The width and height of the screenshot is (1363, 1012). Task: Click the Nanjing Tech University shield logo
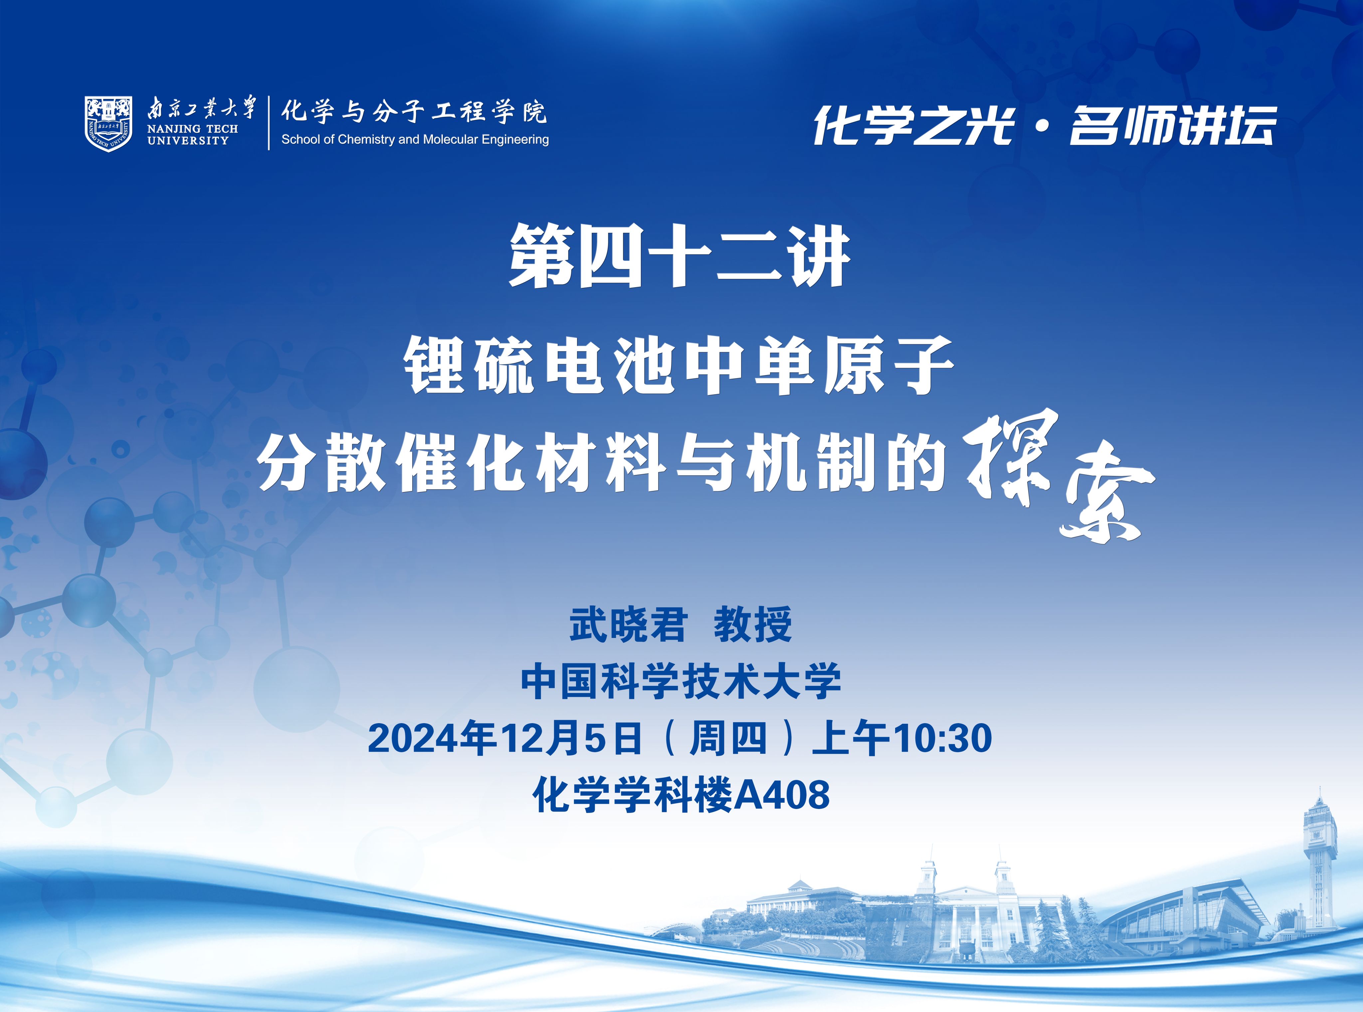click(x=108, y=123)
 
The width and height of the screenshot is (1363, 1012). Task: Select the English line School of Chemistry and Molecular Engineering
click(x=415, y=140)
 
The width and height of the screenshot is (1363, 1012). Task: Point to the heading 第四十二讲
click(x=680, y=256)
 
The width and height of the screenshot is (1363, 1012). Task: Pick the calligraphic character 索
click(x=1106, y=499)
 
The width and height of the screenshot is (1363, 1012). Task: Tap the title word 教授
click(x=753, y=625)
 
